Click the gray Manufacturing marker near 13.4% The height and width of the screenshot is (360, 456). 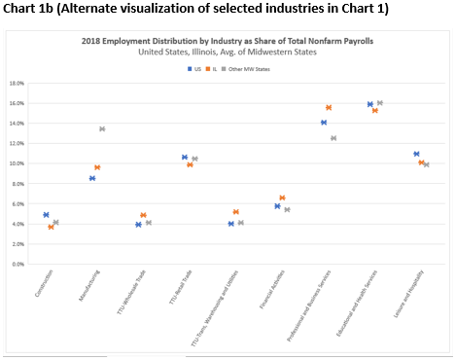pos(102,129)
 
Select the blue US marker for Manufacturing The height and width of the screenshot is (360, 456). pos(92,178)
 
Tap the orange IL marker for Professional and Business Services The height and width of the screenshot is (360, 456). pos(329,107)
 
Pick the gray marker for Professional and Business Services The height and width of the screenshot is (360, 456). pos(333,138)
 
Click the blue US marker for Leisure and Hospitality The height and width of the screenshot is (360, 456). pos(416,154)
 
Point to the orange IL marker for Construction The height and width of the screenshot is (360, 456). pos(51,227)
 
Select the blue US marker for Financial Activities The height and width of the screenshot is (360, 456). pos(277,206)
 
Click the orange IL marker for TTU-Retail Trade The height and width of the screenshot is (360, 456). pos(191,164)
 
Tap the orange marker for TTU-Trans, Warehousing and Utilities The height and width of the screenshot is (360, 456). pos(236,212)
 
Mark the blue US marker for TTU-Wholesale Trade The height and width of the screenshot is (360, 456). pos(138,225)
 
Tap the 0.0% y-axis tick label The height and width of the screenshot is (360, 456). pos(18,264)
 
